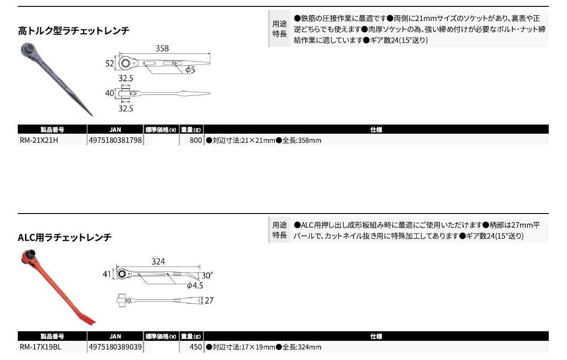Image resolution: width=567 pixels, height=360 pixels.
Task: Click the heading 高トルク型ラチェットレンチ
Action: (73, 31)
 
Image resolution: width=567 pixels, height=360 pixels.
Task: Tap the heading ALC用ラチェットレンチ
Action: (65, 237)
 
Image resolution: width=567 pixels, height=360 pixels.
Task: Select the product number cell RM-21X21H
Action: (39, 140)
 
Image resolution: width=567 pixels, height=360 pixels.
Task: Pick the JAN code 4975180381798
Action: (115, 140)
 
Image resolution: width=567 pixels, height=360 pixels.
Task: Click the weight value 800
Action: (196, 140)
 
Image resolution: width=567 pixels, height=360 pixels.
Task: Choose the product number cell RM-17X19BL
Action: (41, 347)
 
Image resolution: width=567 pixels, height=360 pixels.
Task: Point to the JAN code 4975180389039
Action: (115, 347)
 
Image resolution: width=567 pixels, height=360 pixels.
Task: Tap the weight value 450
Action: (196, 347)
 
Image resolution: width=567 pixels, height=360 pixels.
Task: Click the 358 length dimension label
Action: (162, 48)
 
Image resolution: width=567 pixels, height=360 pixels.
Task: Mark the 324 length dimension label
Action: (158, 261)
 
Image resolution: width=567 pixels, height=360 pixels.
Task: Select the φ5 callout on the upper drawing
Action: (190, 70)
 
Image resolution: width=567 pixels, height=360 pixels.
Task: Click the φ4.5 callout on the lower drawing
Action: (195, 286)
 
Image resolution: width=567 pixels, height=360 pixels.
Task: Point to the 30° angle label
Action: (207, 276)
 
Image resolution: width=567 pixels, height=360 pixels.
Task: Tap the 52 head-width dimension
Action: (109, 63)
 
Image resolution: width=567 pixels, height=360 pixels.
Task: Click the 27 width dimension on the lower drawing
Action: (209, 301)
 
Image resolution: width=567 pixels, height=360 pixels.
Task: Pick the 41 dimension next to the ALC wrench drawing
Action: (107, 274)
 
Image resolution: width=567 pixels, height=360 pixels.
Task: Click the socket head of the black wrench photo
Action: (28, 49)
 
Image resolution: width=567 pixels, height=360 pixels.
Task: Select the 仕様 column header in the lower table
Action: (376, 336)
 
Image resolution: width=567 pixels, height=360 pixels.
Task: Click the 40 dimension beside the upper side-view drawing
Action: (109, 93)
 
